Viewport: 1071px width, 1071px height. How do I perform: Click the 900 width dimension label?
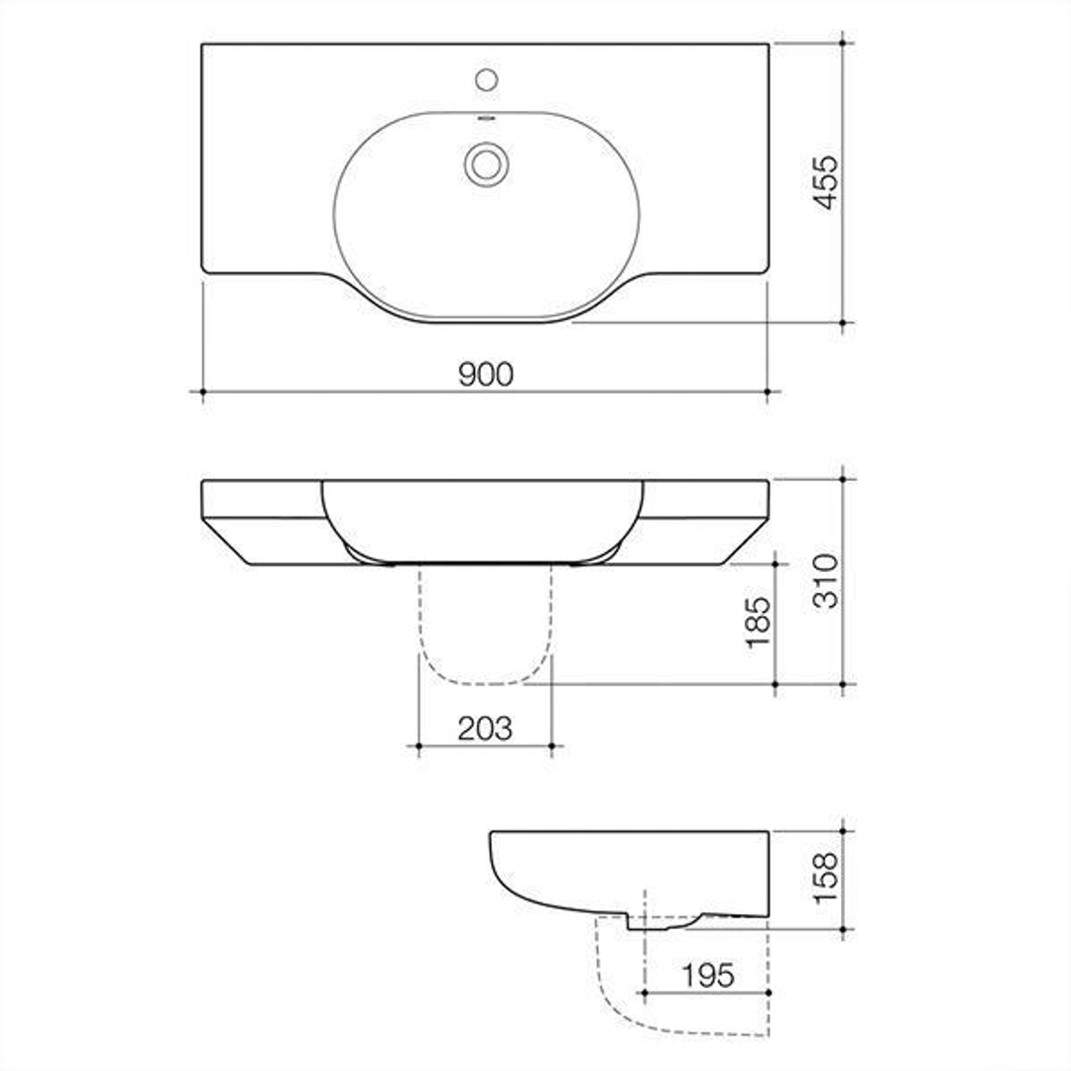coord(486,374)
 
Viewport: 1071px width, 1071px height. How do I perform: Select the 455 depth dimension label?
coord(825,182)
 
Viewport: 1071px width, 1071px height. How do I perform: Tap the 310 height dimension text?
coord(825,581)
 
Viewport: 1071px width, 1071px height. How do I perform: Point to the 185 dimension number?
coord(759,622)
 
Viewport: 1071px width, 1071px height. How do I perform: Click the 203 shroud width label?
coord(485,728)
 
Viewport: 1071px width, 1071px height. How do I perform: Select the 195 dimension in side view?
coord(708,975)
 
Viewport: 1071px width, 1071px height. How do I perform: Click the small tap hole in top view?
coord(486,79)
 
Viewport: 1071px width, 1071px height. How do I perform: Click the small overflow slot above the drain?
coord(486,119)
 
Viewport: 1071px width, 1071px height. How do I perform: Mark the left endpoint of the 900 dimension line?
coord(203,392)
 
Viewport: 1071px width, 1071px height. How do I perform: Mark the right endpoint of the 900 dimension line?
coord(769,392)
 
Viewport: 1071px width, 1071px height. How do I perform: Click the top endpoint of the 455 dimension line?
coord(843,43)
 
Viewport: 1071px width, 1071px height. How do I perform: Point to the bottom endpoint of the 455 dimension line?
coord(843,322)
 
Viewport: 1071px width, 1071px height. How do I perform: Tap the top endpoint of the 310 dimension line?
coord(843,479)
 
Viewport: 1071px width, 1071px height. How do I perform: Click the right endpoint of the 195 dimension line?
coord(769,991)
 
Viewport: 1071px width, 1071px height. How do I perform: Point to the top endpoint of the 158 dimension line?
coord(843,831)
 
